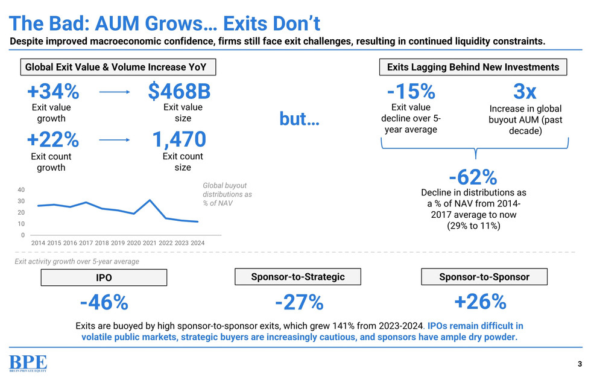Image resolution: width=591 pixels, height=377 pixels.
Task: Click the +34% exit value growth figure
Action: (52, 92)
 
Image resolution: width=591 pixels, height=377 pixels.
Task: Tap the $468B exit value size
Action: (179, 92)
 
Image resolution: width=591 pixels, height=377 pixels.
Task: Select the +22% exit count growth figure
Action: (52, 139)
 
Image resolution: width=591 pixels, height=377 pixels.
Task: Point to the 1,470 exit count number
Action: (179, 139)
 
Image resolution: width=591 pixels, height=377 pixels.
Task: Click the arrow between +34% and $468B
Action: (114, 92)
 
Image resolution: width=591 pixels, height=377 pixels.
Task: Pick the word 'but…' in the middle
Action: (299, 118)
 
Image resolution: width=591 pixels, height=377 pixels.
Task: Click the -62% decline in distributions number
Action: (473, 177)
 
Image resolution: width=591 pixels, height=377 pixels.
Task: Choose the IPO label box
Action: (103, 278)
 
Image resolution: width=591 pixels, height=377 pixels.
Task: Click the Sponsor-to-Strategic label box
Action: (298, 277)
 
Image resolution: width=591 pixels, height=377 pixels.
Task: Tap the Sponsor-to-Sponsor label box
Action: (484, 277)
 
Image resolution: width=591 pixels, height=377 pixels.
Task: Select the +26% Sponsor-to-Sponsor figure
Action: (481, 302)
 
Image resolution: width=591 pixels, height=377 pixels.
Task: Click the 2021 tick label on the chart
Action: (150, 242)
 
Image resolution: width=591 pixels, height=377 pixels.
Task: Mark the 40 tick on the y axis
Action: (21, 189)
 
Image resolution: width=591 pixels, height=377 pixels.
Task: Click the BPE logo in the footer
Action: (27, 364)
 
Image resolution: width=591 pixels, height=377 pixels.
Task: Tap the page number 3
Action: (580, 364)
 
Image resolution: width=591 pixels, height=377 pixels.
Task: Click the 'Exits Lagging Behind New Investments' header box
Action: (473, 67)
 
